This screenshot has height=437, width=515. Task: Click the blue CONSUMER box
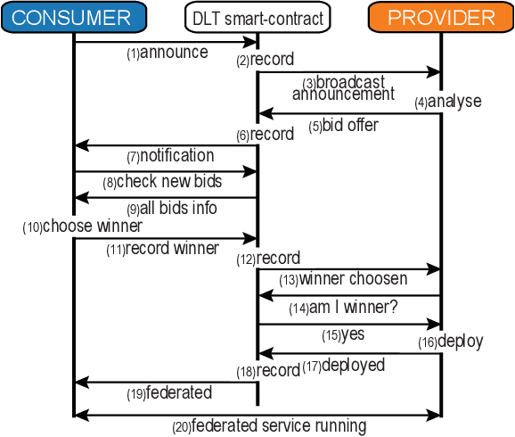click(73, 17)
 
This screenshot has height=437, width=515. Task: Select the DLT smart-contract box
click(257, 17)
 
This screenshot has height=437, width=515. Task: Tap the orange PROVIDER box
click(441, 17)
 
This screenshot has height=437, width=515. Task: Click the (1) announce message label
click(167, 53)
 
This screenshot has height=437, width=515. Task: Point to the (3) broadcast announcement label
click(343, 88)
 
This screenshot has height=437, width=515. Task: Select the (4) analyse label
click(448, 102)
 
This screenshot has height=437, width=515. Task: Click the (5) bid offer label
click(343, 126)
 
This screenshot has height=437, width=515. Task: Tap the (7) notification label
click(170, 156)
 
